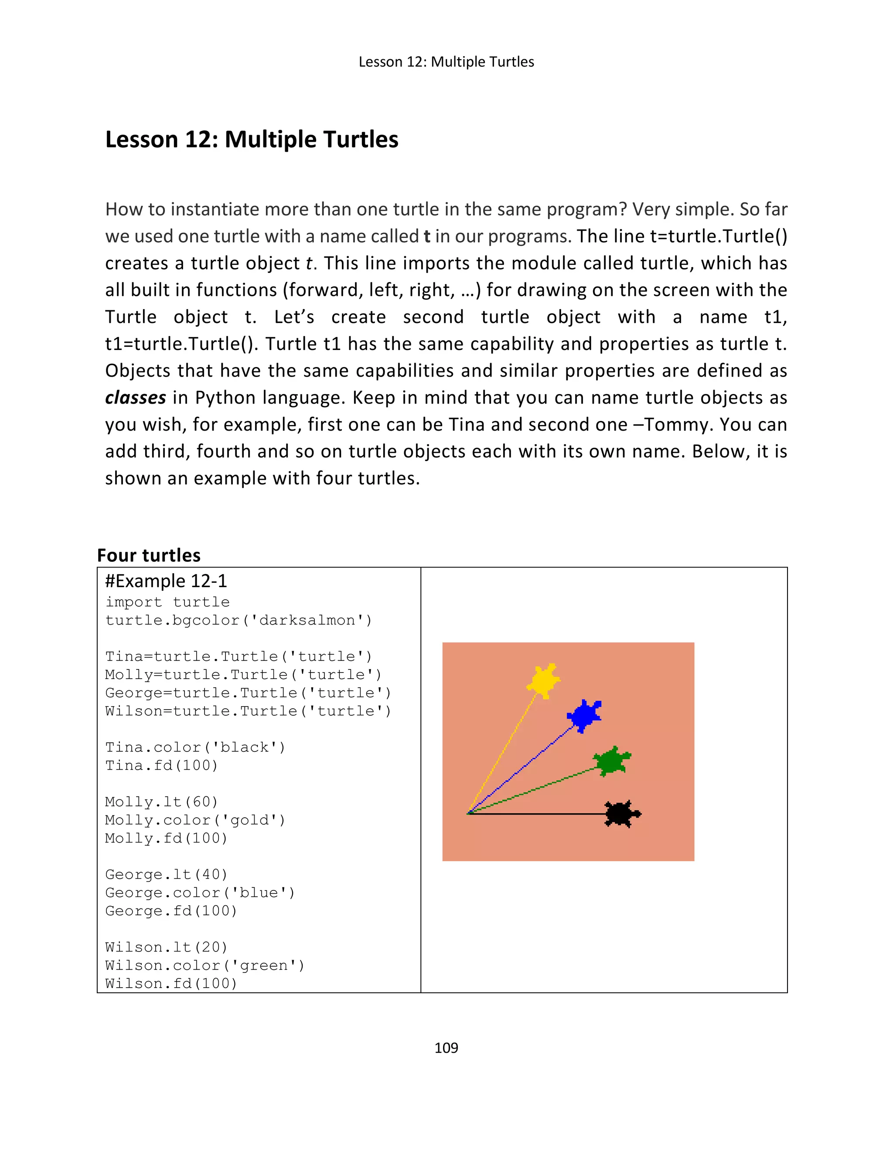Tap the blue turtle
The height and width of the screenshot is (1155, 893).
tap(584, 716)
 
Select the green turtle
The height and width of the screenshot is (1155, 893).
tap(612, 761)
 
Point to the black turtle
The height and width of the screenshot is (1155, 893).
tap(622, 814)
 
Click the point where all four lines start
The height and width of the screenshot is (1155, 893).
tap(468, 813)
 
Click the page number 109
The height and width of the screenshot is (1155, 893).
tap(446, 1048)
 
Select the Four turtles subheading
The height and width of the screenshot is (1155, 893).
tap(149, 555)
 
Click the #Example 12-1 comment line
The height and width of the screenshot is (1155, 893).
tap(166, 581)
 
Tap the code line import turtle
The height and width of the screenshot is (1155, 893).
tap(167, 602)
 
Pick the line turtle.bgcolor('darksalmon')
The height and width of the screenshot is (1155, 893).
tap(239, 620)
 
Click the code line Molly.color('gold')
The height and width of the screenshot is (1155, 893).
tap(194, 820)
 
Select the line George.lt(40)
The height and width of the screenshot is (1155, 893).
tap(166, 875)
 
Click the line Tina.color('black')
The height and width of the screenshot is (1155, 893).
tap(194, 747)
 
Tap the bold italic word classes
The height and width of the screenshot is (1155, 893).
tap(136, 397)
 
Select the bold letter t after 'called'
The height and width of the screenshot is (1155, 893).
tap(427, 236)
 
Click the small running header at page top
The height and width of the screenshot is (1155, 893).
tap(446, 62)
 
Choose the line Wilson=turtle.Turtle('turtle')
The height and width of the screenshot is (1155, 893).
tap(248, 711)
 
